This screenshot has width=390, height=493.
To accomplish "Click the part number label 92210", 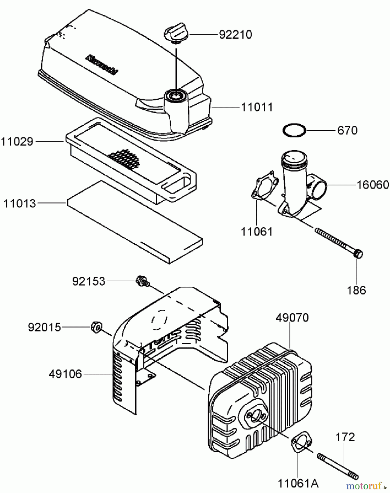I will [x=235, y=35].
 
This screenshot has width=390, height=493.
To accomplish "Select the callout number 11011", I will [x=257, y=107].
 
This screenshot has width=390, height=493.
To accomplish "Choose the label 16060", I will [x=372, y=185].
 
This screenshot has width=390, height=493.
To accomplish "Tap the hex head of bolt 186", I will [x=358, y=254].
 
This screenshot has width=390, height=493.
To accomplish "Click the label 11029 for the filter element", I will [x=17, y=142].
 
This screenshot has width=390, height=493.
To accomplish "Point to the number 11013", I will [x=19, y=203].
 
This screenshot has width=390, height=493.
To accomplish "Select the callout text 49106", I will [x=65, y=374].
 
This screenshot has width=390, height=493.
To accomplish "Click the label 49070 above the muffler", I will [x=292, y=318].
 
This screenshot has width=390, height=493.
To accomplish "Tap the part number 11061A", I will [x=298, y=484].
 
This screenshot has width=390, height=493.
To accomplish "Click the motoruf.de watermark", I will [x=367, y=486].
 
